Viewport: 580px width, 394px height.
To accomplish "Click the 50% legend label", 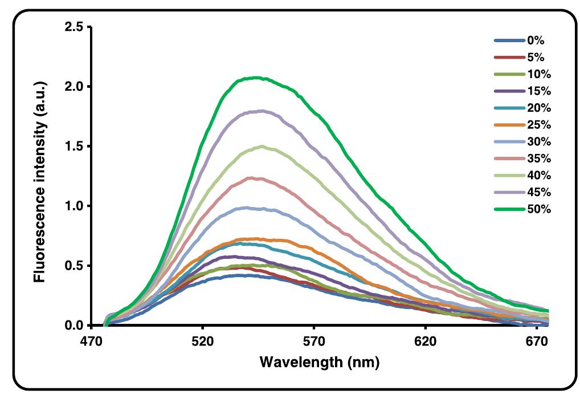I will point(539,209).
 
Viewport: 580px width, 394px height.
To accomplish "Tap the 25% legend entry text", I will point(539,125).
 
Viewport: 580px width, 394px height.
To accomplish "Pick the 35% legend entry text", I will point(539,159).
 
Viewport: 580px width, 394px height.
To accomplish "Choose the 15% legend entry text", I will point(539,91).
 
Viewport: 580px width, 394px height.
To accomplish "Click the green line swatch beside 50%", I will point(508,209).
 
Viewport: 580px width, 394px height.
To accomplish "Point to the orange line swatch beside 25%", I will point(508,125).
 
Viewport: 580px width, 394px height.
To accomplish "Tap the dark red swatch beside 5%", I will point(508,58).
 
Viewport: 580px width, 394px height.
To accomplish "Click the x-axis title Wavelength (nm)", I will point(319,362).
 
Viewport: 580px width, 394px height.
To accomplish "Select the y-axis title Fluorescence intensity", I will point(40,181).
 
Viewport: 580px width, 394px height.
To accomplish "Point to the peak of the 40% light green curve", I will point(262,147).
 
